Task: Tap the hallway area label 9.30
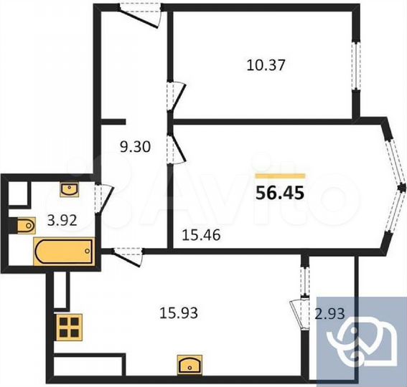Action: click(135, 148)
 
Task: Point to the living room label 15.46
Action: click(199, 233)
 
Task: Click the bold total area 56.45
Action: click(281, 191)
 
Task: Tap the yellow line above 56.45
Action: click(281, 175)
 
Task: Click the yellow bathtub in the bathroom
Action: click(62, 253)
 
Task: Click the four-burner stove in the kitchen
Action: click(68, 328)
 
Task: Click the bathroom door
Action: click(103, 194)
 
